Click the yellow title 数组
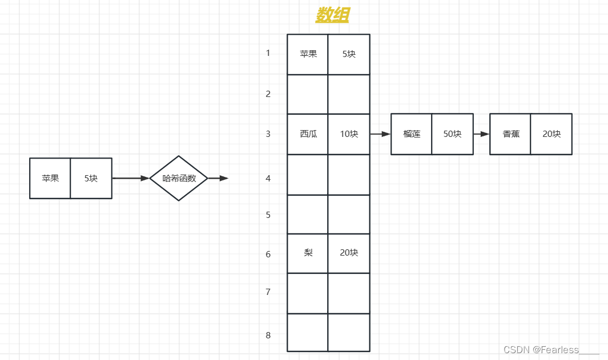(332, 15)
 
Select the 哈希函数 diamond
(179, 178)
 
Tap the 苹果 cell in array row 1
(308, 54)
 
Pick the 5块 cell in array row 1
(349, 54)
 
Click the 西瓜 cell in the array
(308, 134)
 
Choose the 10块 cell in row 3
(349, 134)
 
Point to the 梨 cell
(308, 253)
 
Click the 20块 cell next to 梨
(349, 253)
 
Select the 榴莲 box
(411, 134)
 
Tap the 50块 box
(452, 134)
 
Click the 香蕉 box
(510, 134)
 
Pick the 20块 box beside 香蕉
(551, 134)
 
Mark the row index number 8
(268, 335)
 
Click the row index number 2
(268, 94)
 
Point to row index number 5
(268, 215)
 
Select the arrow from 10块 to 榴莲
(380, 134)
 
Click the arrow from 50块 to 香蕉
(482, 134)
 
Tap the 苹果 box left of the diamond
(50, 178)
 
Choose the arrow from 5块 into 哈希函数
(131, 178)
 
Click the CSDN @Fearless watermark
(551, 350)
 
